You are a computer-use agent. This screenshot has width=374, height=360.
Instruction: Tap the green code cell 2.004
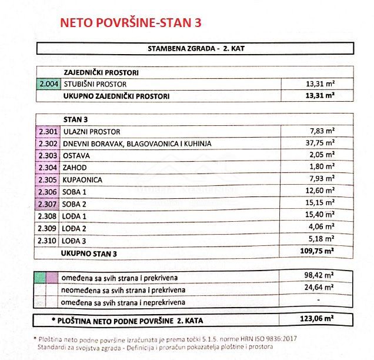click(x=48, y=84)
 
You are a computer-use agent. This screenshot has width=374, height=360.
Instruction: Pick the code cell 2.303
click(x=48, y=155)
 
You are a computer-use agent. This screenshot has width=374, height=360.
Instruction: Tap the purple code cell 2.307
click(x=48, y=204)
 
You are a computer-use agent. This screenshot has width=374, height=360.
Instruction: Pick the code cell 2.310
click(x=48, y=241)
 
